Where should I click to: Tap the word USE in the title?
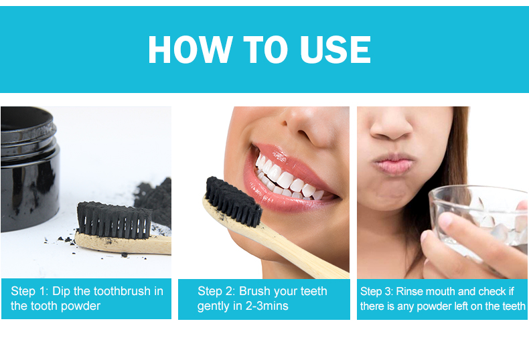click(333, 50)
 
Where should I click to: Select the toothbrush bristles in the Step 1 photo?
click(114, 219)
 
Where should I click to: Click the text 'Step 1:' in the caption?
click(28, 292)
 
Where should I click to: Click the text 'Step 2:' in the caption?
click(216, 292)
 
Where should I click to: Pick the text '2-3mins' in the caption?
click(267, 306)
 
